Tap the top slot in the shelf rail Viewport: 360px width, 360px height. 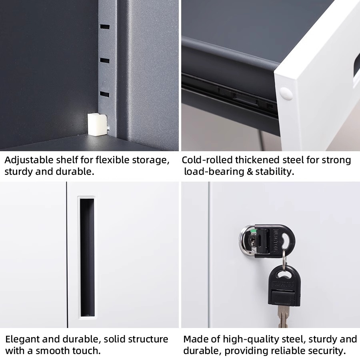pos(105,27)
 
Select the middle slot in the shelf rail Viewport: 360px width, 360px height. pos(105,61)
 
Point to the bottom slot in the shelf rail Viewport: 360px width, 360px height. pos(105,94)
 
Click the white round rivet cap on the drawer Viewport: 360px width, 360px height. pos(286,94)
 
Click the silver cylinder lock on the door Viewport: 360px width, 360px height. pos(248,241)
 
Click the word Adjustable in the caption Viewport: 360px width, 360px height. pos(29,160)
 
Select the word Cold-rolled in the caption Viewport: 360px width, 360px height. pos(207,160)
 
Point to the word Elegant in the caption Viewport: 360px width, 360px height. pos(22,340)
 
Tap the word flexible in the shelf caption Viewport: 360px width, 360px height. pos(112,160)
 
